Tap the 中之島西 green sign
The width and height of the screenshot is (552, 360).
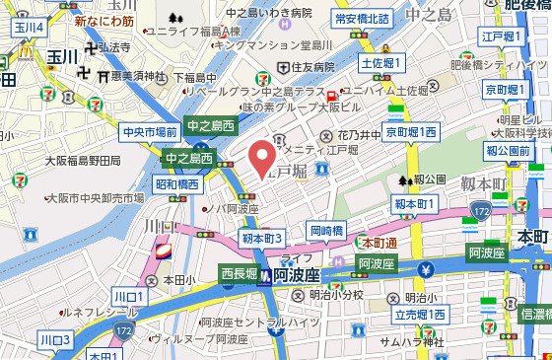pyautogui.click(x=211, y=126)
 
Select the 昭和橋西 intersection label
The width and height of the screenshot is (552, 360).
pyautogui.click(x=177, y=183)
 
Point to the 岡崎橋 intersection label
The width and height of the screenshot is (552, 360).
pyautogui.click(x=326, y=230)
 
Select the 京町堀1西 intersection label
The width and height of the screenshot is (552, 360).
pyautogui.click(x=412, y=131)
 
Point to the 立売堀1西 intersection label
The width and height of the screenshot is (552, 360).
pyautogui.click(x=421, y=314)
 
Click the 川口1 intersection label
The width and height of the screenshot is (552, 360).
pyautogui.click(x=128, y=296)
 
